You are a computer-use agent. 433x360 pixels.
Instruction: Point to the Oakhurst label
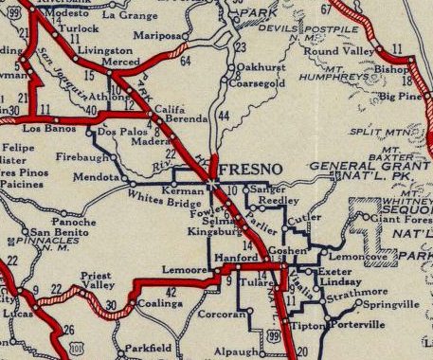pos(261,68)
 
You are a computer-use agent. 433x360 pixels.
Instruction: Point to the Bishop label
pos(392,69)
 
